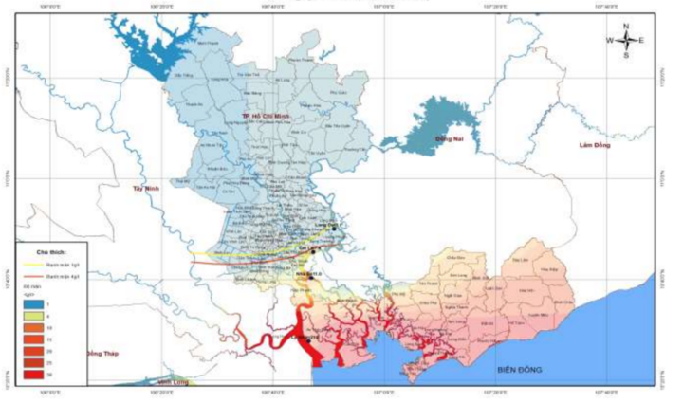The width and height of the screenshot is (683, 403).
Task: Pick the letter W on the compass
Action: [611, 40]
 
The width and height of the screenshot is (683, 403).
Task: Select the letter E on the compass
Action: [642, 40]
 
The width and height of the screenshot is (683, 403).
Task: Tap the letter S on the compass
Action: [626, 55]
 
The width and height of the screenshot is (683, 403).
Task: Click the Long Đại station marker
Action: [333, 227]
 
